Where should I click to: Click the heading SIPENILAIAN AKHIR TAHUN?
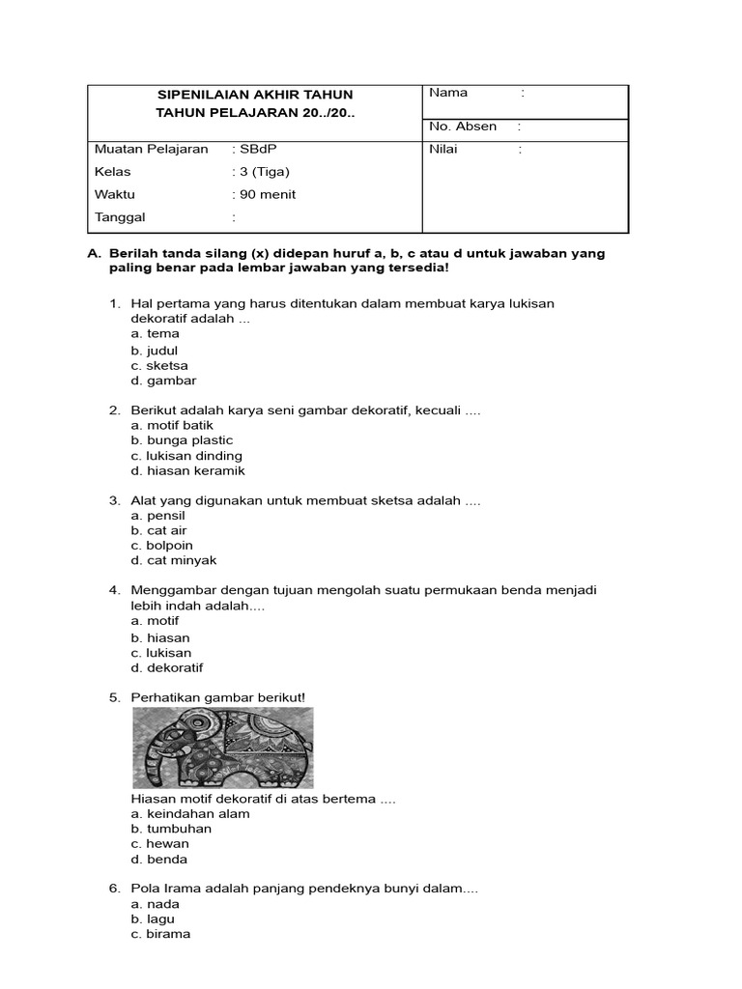(255, 95)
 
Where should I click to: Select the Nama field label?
(448, 93)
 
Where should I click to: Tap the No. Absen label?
(463, 127)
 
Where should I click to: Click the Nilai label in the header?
(444, 150)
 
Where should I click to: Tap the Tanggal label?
(120, 217)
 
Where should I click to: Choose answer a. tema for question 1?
(156, 334)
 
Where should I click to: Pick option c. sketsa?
(159, 366)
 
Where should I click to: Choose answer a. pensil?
(157, 516)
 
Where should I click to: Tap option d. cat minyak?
(174, 560)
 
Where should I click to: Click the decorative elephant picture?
(223, 748)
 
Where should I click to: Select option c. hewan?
(159, 844)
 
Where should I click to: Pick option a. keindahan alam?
(189, 813)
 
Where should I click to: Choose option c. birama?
(160, 934)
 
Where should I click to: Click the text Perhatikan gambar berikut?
(217, 697)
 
